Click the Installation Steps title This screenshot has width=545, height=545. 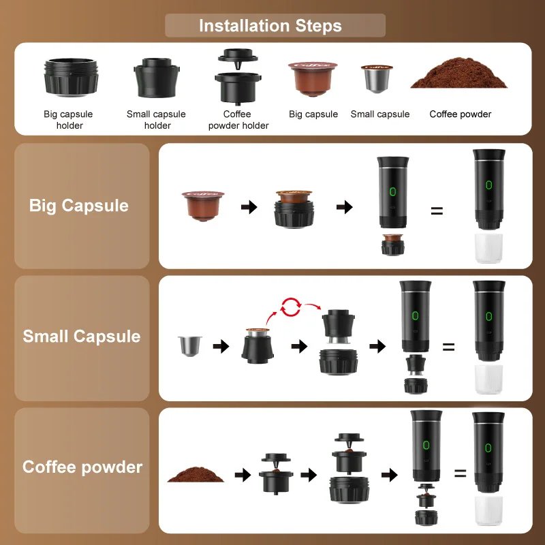[x=270, y=26]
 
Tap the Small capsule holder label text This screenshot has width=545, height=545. [x=156, y=119]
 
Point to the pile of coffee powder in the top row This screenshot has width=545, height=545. [x=459, y=76]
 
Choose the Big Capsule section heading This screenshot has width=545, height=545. [x=79, y=206]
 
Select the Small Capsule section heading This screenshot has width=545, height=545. [x=82, y=337]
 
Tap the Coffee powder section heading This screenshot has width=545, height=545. [x=82, y=467]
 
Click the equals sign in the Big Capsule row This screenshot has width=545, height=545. [x=437, y=211]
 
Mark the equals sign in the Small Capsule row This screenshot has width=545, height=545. [x=448, y=347]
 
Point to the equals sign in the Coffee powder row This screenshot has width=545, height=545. [x=461, y=473]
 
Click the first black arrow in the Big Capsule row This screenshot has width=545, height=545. [x=249, y=207]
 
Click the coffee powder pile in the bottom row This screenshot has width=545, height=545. [x=196, y=473]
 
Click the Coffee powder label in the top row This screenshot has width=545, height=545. [x=460, y=114]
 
